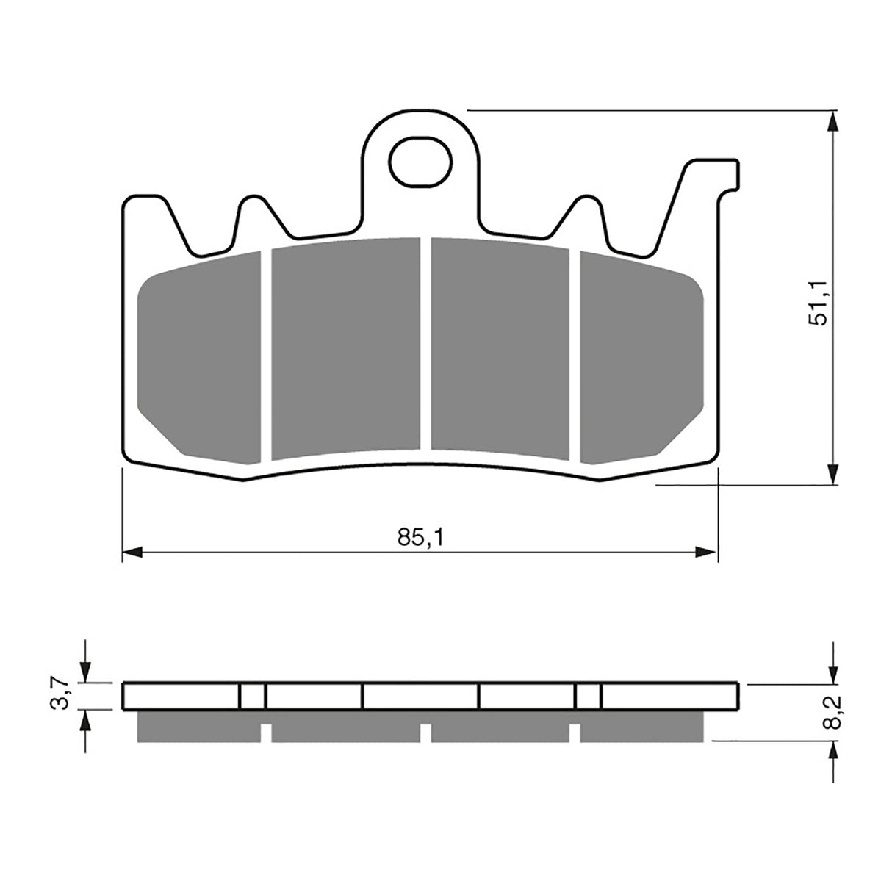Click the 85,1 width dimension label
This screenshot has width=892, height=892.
pos(420,537)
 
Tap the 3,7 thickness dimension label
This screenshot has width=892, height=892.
pos(64,694)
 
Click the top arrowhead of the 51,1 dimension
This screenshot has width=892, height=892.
pos(832,121)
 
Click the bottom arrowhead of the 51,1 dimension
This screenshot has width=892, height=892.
pos(832,475)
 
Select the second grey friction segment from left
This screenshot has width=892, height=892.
pos(345,349)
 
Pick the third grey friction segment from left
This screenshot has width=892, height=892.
pos(500,349)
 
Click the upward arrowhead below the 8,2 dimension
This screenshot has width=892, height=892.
pos(832,751)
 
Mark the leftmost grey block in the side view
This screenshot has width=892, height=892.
pos(198,725)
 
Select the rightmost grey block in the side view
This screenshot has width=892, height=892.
pos(641,725)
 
